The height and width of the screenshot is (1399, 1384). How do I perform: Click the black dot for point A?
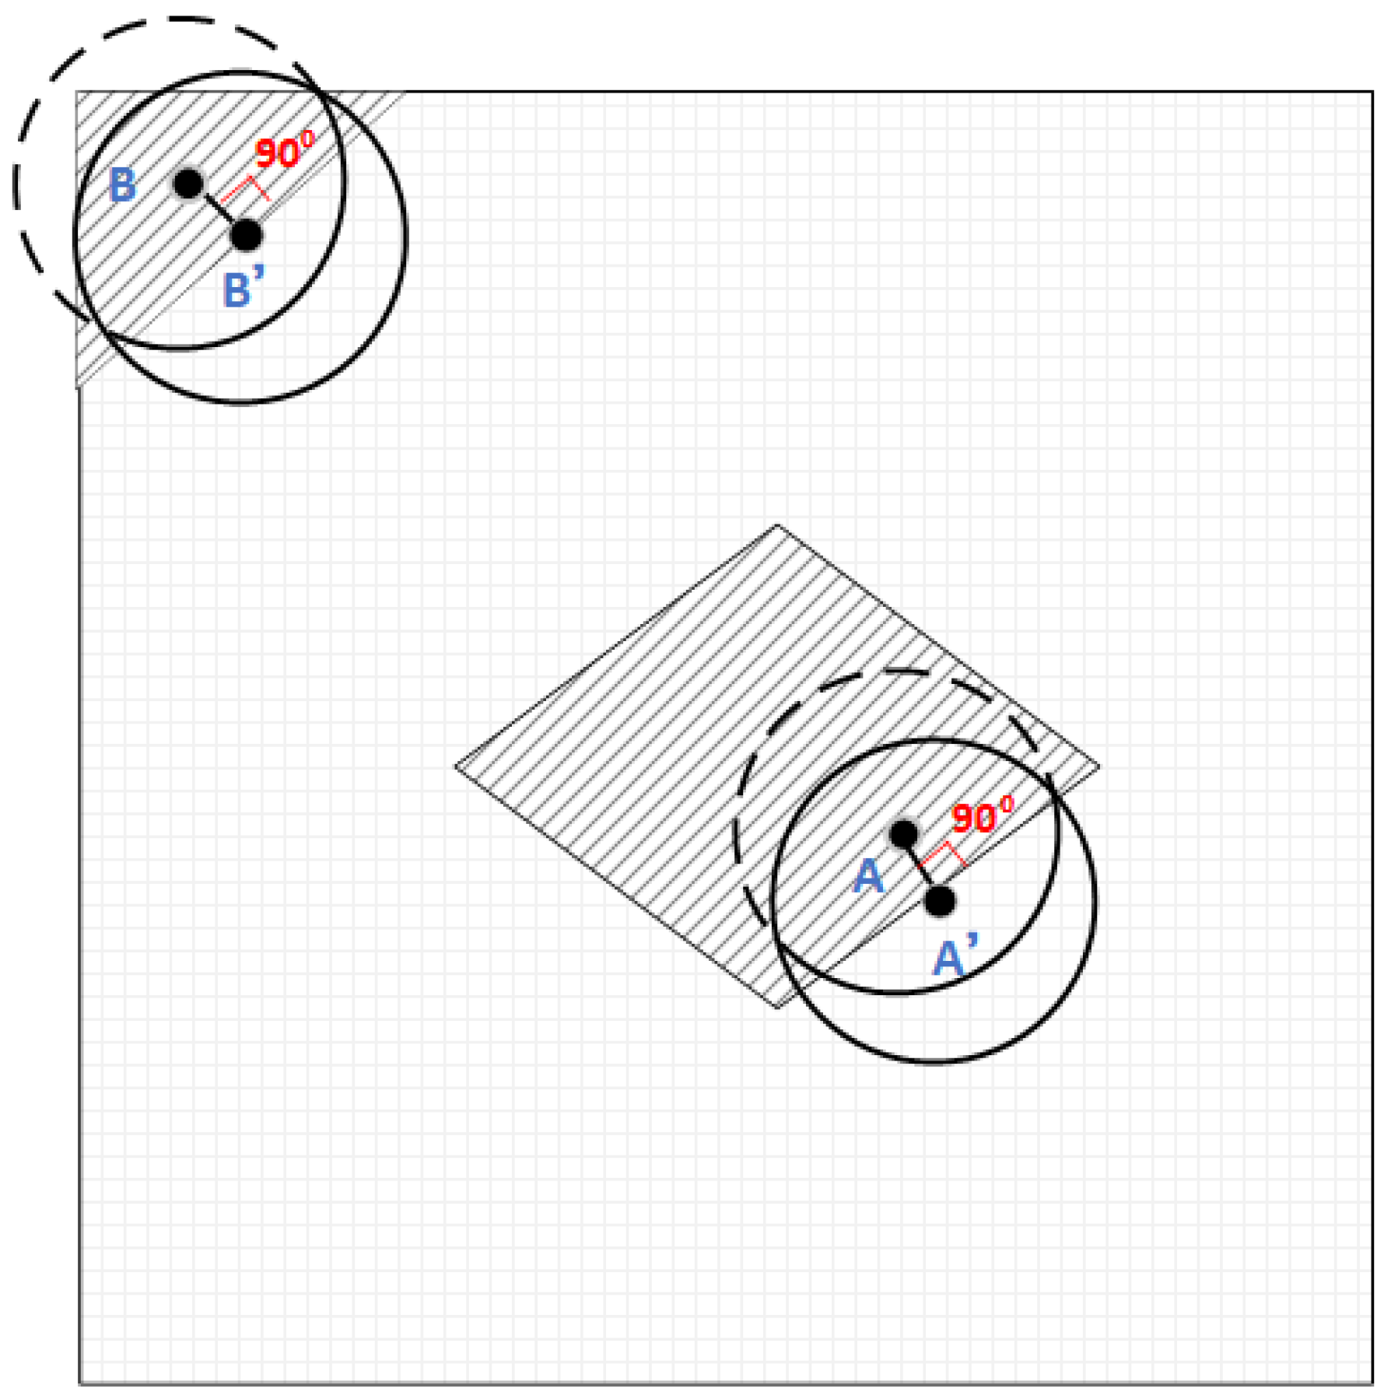[903, 834]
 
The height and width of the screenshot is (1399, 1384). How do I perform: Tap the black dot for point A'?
[940, 901]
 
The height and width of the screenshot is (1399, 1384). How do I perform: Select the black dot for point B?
[187, 184]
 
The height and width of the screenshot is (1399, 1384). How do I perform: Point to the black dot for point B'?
[247, 235]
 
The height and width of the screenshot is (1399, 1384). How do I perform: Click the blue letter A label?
[868, 878]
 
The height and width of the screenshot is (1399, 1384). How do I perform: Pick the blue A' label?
[955, 957]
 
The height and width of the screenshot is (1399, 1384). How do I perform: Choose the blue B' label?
[243, 289]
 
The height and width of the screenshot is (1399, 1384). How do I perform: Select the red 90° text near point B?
[285, 152]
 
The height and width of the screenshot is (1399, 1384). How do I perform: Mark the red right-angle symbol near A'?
[944, 853]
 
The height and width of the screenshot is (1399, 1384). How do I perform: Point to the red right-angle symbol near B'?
[247, 188]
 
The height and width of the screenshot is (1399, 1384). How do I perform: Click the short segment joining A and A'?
[922, 868]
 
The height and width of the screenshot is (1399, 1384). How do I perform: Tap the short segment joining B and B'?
[217, 210]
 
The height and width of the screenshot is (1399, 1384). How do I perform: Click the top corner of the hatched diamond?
[777, 525]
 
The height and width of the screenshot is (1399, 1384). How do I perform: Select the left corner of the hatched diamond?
[456, 766]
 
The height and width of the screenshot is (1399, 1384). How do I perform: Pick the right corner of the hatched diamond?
[1099, 766]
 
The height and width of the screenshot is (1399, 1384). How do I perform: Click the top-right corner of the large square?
[1372, 92]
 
